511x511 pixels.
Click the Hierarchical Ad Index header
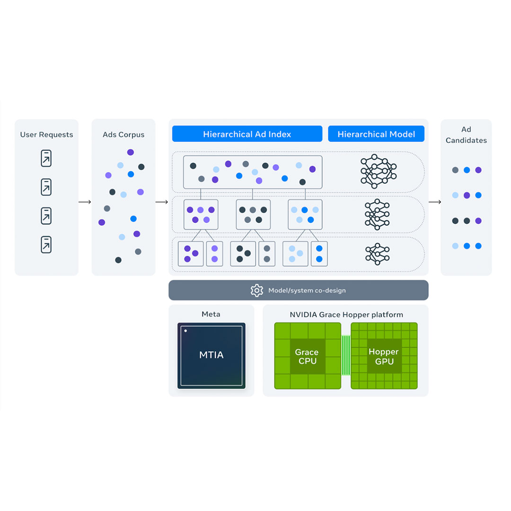[x=247, y=134]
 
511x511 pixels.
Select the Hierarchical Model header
[x=376, y=134]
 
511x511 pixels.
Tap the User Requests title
[x=46, y=135]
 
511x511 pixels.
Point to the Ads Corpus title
[x=123, y=135]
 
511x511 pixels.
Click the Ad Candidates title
[x=466, y=135]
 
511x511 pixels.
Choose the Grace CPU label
[x=307, y=356]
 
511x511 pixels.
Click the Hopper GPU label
[x=384, y=356]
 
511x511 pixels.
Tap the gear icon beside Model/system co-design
[x=256, y=290]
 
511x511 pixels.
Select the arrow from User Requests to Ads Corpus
[x=85, y=202]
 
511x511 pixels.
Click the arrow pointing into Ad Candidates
[x=434, y=202]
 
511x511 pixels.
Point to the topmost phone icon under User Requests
[x=46, y=159]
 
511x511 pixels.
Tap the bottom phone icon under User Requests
[x=46, y=245]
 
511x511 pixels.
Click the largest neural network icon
[x=378, y=169]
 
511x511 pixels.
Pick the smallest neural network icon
[x=377, y=254]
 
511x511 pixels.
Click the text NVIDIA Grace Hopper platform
[x=346, y=315]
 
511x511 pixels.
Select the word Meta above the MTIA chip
[x=211, y=314]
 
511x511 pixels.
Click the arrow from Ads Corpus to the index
[x=162, y=202]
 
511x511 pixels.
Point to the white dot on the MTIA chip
[x=186, y=331]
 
